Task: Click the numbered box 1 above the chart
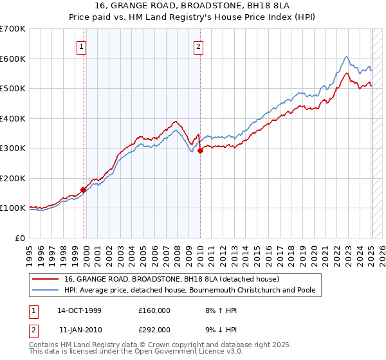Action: [x=82, y=46]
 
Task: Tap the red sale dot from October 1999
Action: [x=83, y=190]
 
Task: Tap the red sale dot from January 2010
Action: [x=200, y=150]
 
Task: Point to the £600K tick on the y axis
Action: [x=12, y=59]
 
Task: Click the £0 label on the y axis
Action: [x=19, y=238]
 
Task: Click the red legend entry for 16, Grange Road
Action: [x=171, y=279]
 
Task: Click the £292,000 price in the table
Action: [x=154, y=329]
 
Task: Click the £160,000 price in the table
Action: [x=154, y=310]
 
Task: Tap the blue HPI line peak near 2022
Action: [x=346, y=57]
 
